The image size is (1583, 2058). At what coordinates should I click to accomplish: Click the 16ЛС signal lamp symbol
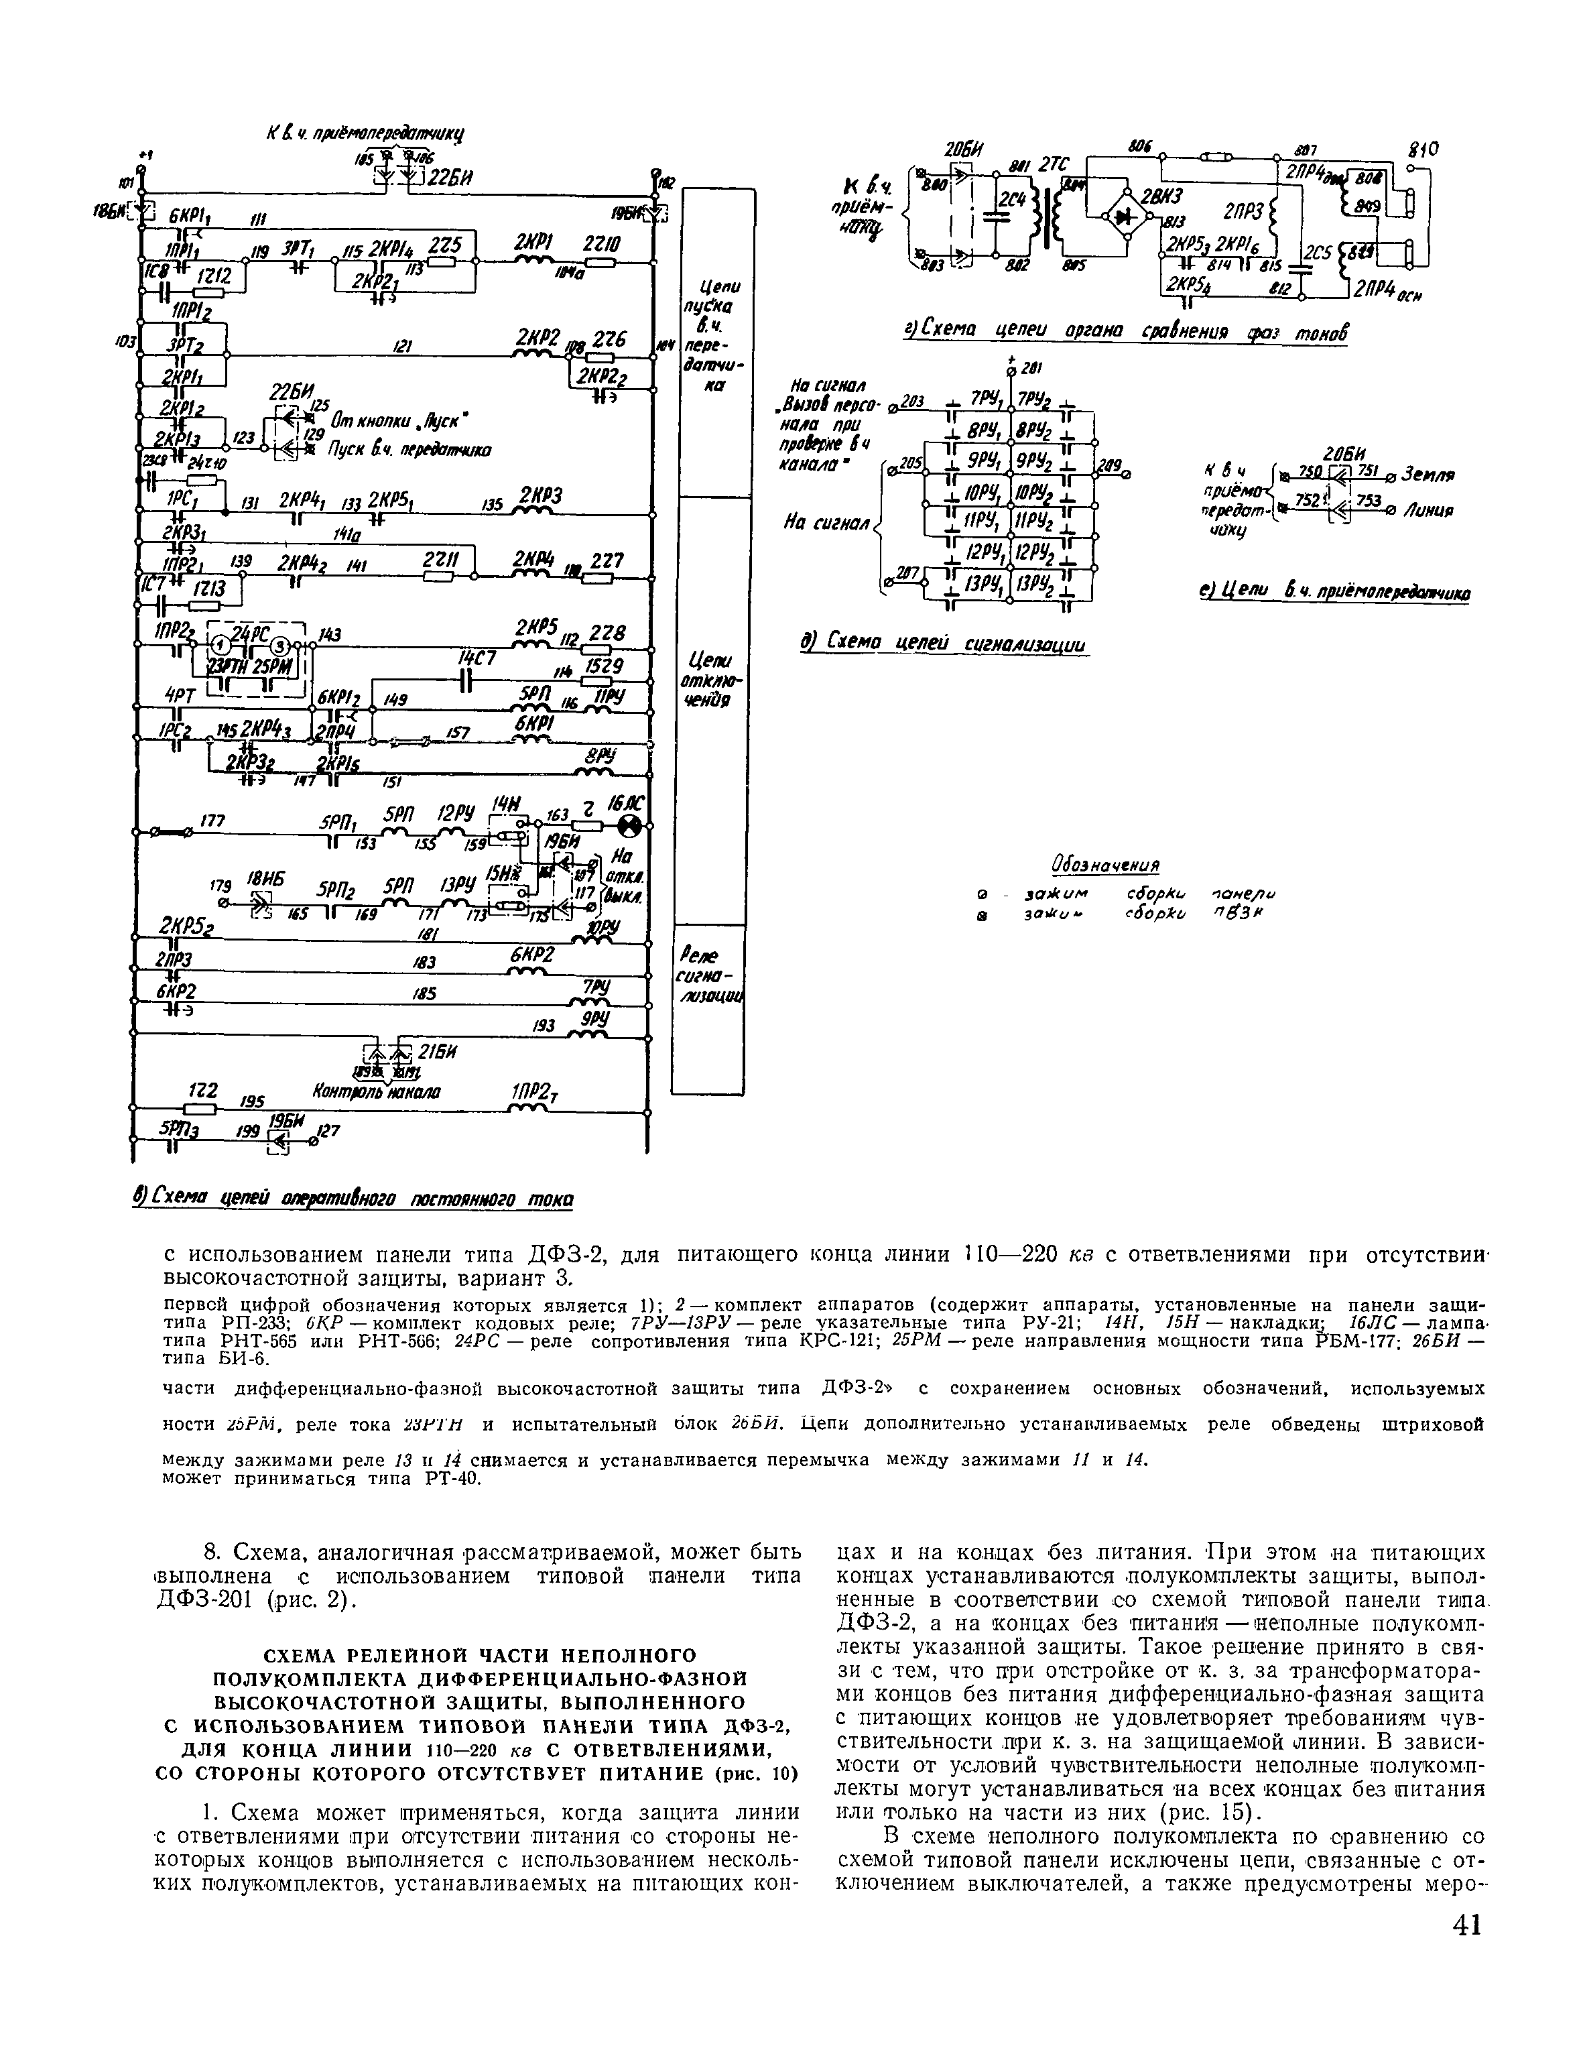click(629, 827)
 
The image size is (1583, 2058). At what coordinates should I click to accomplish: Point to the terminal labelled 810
click(1423, 149)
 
